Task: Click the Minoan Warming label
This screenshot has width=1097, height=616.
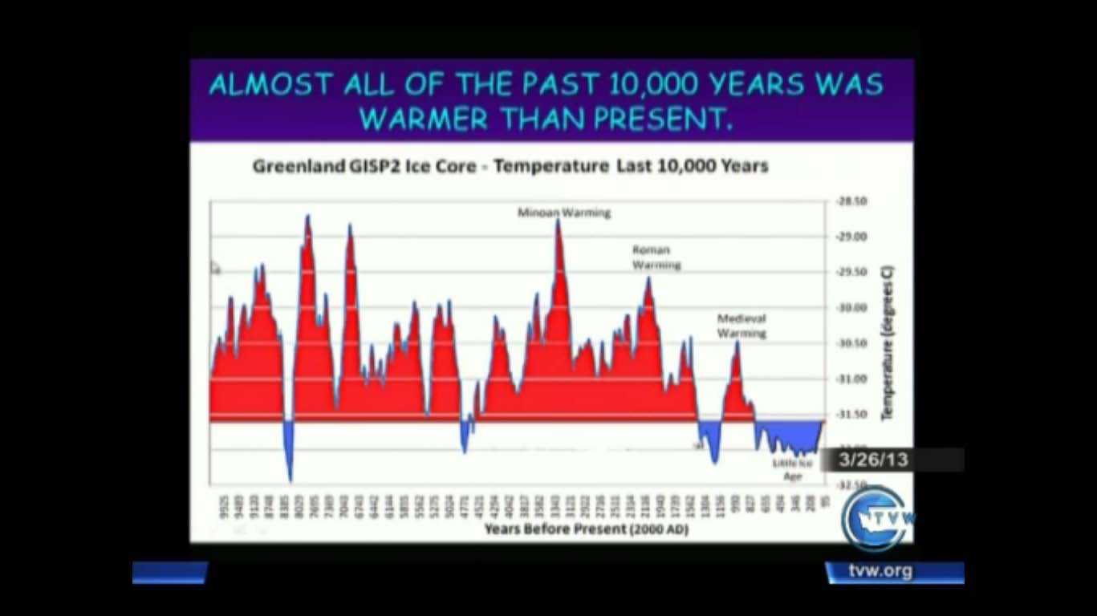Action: pyautogui.click(x=563, y=213)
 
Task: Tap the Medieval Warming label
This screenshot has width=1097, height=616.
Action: pyautogui.click(x=741, y=326)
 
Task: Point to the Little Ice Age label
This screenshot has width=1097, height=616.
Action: pyautogui.click(x=792, y=469)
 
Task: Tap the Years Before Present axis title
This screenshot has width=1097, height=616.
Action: pyautogui.click(x=586, y=529)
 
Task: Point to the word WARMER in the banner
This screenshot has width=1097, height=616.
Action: pyautogui.click(x=423, y=119)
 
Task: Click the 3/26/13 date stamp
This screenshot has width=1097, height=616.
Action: pyautogui.click(x=873, y=460)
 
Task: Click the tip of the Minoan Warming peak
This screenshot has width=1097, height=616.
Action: pyautogui.click(x=558, y=220)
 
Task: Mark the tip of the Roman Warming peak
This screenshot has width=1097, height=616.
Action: pyautogui.click(x=648, y=278)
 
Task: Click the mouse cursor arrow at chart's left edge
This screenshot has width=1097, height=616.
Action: pyautogui.click(x=214, y=267)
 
